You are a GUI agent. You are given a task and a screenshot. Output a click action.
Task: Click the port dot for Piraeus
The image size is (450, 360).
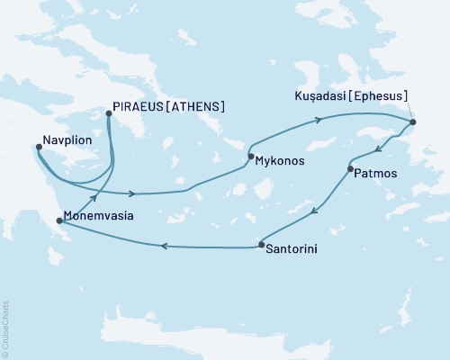(x=109, y=113)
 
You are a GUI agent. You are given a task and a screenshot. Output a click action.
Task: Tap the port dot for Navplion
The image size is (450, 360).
(x=38, y=148)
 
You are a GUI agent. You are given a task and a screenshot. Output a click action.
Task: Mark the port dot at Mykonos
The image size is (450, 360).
(x=249, y=157)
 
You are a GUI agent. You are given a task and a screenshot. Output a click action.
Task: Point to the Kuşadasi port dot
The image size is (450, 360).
(x=412, y=121)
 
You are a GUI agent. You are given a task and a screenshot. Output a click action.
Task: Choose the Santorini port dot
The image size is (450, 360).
(x=261, y=244)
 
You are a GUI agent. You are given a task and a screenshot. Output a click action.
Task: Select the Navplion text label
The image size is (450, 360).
(x=67, y=140)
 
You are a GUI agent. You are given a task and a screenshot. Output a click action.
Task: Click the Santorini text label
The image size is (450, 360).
(x=294, y=245)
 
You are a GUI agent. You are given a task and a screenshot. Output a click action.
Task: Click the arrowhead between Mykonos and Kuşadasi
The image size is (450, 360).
(x=317, y=119)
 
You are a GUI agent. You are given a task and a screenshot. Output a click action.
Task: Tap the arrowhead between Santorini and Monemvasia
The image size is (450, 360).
(x=165, y=247)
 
